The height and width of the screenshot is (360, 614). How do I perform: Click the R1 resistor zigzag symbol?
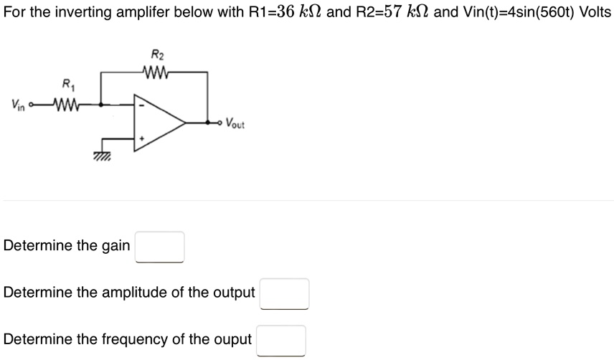click(x=67, y=105)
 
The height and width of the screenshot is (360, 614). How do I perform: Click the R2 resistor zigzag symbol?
click(x=156, y=72)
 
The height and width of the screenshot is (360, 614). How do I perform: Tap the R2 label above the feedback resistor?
click(x=157, y=55)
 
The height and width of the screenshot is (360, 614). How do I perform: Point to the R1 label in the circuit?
click(x=68, y=84)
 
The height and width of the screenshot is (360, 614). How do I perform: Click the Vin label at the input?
click(x=18, y=105)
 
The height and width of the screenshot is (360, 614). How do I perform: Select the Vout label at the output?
click(x=235, y=123)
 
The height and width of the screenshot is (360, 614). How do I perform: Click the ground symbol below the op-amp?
click(x=102, y=156)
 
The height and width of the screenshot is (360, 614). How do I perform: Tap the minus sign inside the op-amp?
click(x=142, y=105)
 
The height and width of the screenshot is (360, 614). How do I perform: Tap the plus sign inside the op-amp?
click(x=142, y=138)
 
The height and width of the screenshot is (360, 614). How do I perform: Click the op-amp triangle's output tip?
click(x=186, y=123)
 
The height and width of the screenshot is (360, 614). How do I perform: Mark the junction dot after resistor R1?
click(x=101, y=105)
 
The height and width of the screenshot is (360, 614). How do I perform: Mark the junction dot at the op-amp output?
click(x=207, y=123)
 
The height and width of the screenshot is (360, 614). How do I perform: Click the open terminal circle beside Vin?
click(x=31, y=105)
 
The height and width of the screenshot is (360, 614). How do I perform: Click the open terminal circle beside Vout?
click(x=220, y=123)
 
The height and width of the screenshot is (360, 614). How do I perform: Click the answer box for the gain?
click(x=160, y=247)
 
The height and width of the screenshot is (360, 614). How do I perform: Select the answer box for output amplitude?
click(x=285, y=294)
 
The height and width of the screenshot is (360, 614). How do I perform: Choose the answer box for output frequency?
click(x=281, y=341)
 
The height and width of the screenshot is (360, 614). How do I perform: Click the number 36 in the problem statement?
click(x=285, y=11)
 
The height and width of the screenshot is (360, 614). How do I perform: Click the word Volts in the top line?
click(x=595, y=11)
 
